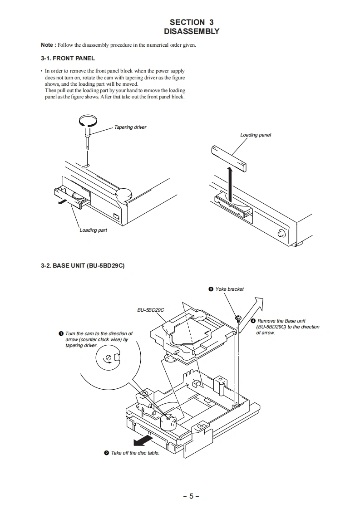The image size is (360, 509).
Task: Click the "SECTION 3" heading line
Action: point(191,22)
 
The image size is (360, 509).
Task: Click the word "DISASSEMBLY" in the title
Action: point(191,32)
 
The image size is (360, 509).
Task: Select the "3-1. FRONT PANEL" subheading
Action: point(68,59)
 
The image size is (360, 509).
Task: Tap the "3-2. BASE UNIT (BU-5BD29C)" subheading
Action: point(83,266)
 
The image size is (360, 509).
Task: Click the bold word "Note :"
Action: point(49,45)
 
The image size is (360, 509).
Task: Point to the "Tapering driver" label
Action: point(130,127)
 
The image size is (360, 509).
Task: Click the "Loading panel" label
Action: point(255,135)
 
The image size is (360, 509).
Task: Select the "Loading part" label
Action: point(93,230)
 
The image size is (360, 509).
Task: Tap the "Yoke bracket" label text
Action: point(229,289)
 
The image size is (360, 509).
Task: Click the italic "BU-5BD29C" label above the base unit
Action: point(150,310)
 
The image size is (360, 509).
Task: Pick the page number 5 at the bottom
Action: point(191,496)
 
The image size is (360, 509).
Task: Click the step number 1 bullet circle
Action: point(61,334)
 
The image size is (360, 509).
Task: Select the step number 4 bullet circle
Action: point(253,321)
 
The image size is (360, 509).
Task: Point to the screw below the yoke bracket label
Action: point(237,317)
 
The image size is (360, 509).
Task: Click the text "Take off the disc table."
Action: point(135,453)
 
